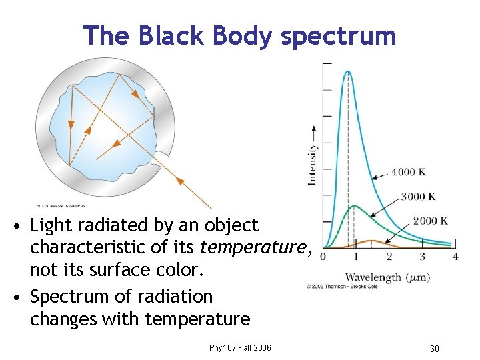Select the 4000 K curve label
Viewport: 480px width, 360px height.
pyautogui.click(x=409, y=172)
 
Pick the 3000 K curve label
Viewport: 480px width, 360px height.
pyautogui.click(x=418, y=197)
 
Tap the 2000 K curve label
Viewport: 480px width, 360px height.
pyautogui.click(x=430, y=221)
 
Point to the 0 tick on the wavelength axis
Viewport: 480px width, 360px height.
pyautogui.click(x=323, y=256)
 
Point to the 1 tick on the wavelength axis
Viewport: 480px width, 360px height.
pyautogui.click(x=355, y=256)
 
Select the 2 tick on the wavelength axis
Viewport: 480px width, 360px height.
pyautogui.click(x=389, y=256)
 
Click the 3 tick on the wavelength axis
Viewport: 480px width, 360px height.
pyautogui.click(x=422, y=256)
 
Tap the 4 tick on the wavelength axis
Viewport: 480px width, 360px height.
pyautogui.click(x=455, y=256)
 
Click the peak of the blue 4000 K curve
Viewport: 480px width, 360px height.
pyautogui.click(x=347, y=71)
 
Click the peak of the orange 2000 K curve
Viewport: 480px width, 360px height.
pyautogui.click(x=371, y=240)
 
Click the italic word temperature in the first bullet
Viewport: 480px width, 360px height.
pyautogui.click(x=253, y=247)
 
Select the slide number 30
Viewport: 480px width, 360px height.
pyautogui.click(x=434, y=349)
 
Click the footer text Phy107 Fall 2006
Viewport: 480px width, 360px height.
pyautogui.click(x=240, y=347)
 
